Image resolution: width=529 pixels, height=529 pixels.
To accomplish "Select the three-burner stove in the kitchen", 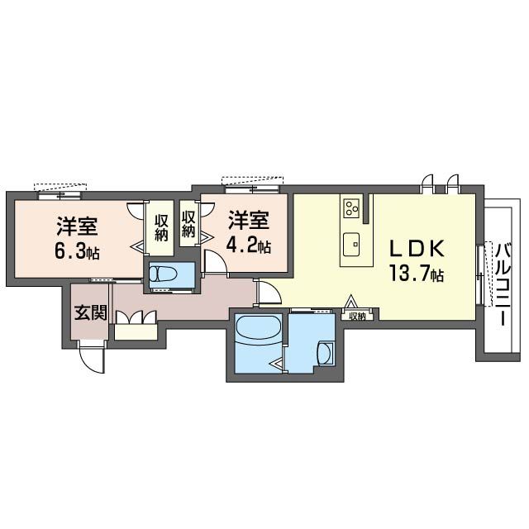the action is (351, 207).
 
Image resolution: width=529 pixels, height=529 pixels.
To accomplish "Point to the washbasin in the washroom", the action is (325, 354).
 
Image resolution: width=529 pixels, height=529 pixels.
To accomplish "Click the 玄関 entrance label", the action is (91, 312).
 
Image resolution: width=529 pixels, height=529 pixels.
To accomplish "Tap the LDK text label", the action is (417, 250).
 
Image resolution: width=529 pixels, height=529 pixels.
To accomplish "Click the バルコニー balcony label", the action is (503, 284).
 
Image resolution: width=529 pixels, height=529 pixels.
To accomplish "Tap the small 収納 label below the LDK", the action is (357, 316).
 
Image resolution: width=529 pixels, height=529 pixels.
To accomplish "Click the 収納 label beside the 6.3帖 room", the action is (161, 227).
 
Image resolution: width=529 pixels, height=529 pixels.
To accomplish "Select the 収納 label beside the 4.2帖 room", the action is (188, 223).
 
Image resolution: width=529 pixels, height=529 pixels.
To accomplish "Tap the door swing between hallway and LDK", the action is (269, 292).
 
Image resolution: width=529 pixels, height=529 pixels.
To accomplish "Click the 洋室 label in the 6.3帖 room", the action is (77, 226).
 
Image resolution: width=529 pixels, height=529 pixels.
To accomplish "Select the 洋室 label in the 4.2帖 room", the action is (249, 221).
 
